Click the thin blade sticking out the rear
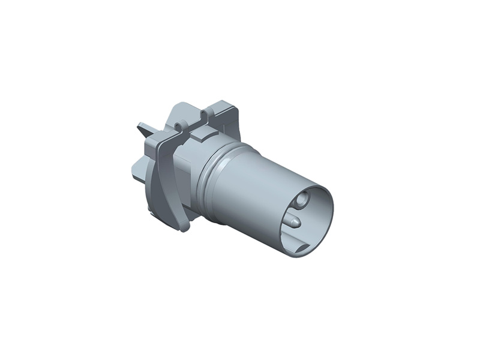click(x=143, y=128)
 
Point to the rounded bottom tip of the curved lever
click(x=184, y=227)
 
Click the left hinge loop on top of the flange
click(x=179, y=126)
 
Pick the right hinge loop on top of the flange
click(x=206, y=114)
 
